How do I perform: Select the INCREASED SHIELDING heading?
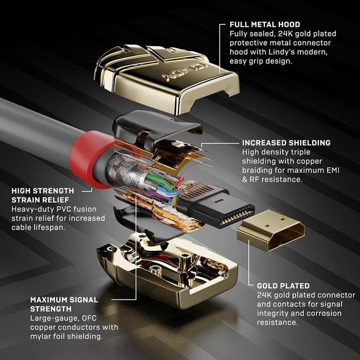[286, 142]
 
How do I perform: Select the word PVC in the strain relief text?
[76, 209]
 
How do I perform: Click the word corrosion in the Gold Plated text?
[317, 313]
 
